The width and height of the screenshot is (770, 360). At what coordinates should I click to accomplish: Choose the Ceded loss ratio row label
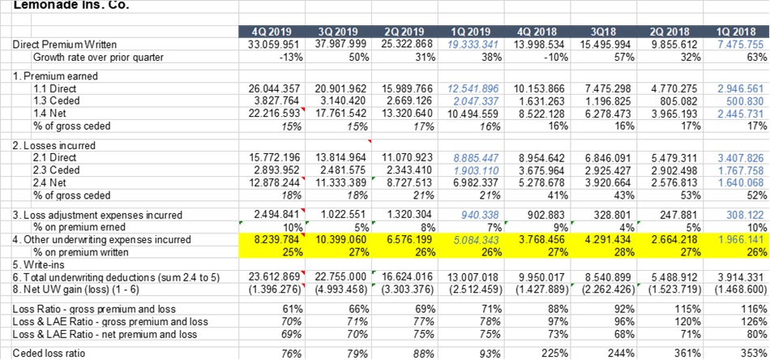pyautogui.click(x=46, y=353)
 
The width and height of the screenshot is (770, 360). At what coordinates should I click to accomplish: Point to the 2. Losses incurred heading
pyautogui.click(x=49, y=145)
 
